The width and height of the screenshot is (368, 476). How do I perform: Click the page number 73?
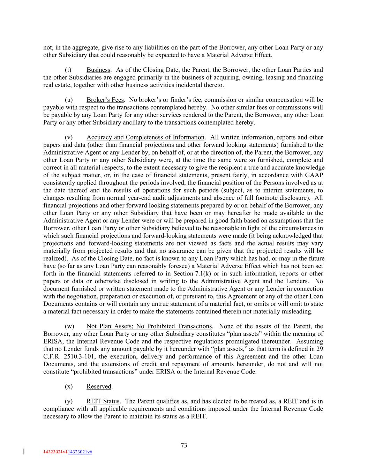point(184,445)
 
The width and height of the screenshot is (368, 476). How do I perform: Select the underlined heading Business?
point(98,70)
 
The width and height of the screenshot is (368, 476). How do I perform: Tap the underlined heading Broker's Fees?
point(105,100)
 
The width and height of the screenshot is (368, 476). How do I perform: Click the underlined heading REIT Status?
point(103,401)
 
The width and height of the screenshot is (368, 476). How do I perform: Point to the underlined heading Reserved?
point(99,386)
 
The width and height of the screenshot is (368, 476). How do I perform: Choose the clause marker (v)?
point(69,137)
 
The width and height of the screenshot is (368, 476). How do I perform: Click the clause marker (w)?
point(69,326)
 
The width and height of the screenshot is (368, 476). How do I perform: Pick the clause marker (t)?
point(68,70)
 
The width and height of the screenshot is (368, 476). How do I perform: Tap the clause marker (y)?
point(69,401)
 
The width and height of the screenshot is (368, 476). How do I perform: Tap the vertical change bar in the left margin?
point(24,452)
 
